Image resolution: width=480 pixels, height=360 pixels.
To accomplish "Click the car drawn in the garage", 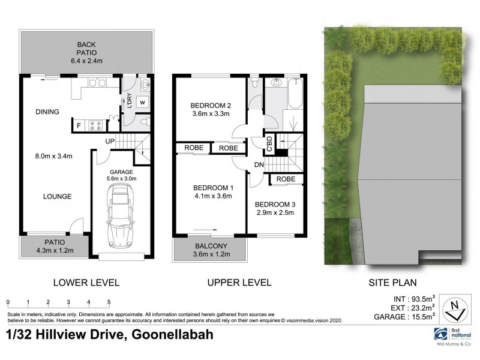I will tap(120, 217).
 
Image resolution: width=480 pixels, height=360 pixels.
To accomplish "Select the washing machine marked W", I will tap(143, 103).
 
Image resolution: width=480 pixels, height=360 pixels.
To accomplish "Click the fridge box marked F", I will tap(79, 125).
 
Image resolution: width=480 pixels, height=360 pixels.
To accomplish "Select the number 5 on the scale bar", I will tap(109, 302).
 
